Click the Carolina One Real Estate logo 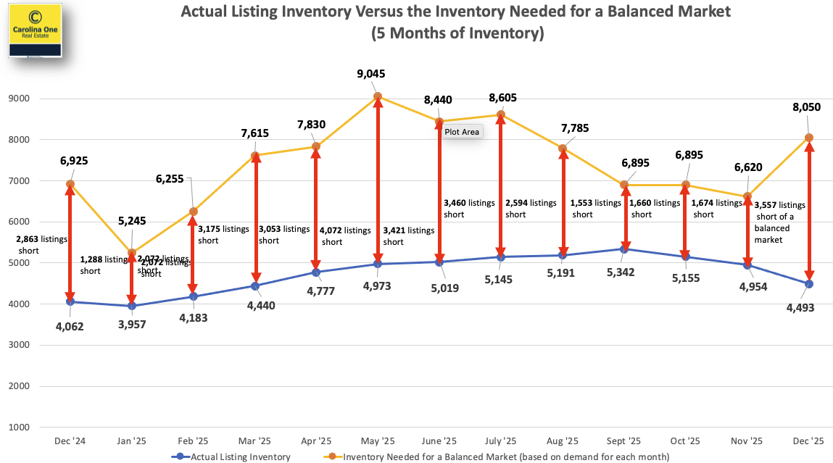click(34, 30)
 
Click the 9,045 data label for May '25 click(377, 74)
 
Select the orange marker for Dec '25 click(809, 138)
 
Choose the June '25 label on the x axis click(439, 441)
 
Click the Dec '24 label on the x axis click(70, 441)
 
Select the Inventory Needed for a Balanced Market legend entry click(500, 456)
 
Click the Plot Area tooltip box click(462, 132)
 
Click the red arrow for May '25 click(378, 180)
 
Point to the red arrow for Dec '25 click(809, 211)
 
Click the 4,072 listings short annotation click(344, 235)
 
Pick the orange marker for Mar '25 click(255, 155)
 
